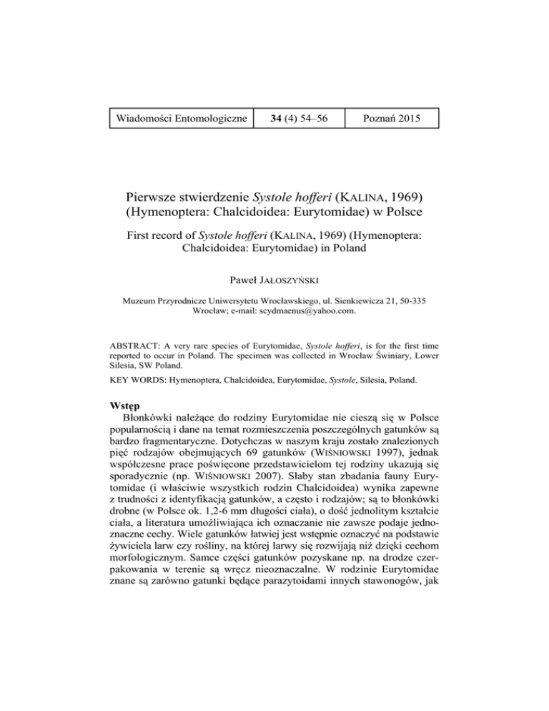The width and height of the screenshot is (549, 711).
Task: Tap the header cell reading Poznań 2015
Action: [392, 117]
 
